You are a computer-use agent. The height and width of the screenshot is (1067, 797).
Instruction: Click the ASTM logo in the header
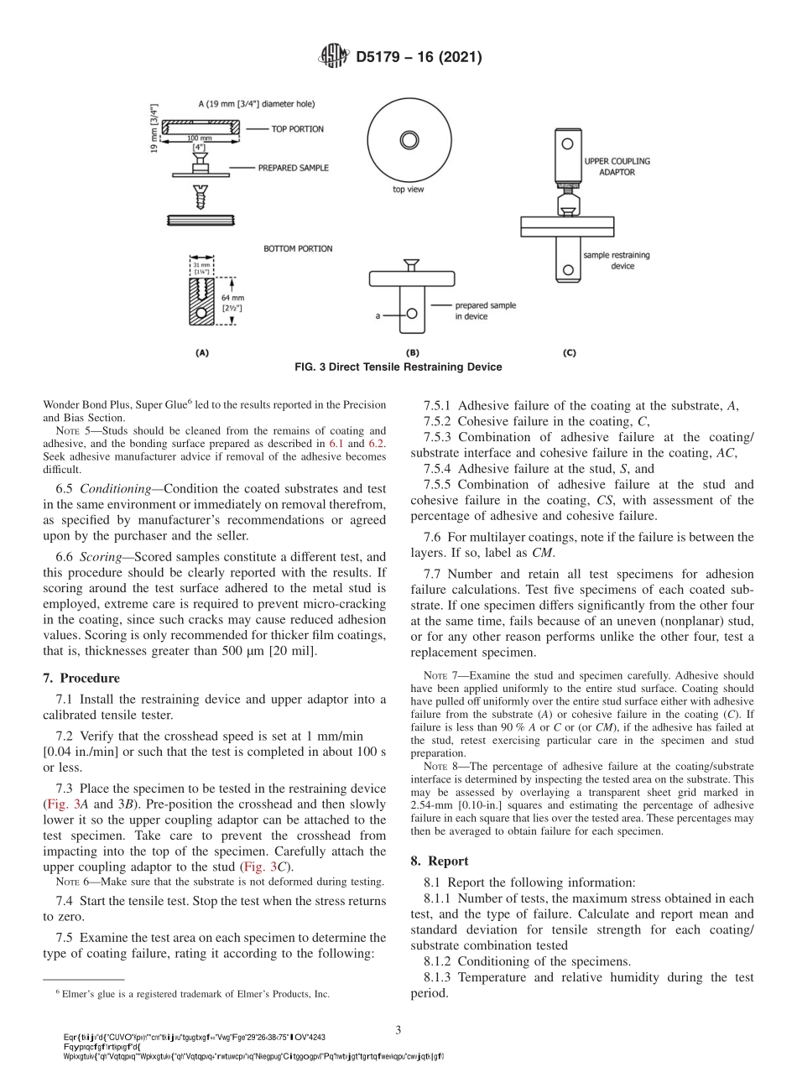334,57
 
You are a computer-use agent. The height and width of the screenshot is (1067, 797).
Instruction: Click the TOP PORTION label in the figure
297,129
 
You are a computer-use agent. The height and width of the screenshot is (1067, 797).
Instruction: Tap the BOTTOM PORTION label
298,248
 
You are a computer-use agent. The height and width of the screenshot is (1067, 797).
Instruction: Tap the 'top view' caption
409,190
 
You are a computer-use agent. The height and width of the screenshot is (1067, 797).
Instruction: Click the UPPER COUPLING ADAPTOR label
617,166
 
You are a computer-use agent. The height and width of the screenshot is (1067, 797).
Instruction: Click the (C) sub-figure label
569,353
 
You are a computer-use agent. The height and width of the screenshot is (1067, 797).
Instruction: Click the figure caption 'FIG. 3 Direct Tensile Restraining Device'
398,367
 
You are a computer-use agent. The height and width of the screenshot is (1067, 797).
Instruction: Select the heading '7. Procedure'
81,678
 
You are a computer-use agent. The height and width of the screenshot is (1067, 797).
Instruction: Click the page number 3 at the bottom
398,1028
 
